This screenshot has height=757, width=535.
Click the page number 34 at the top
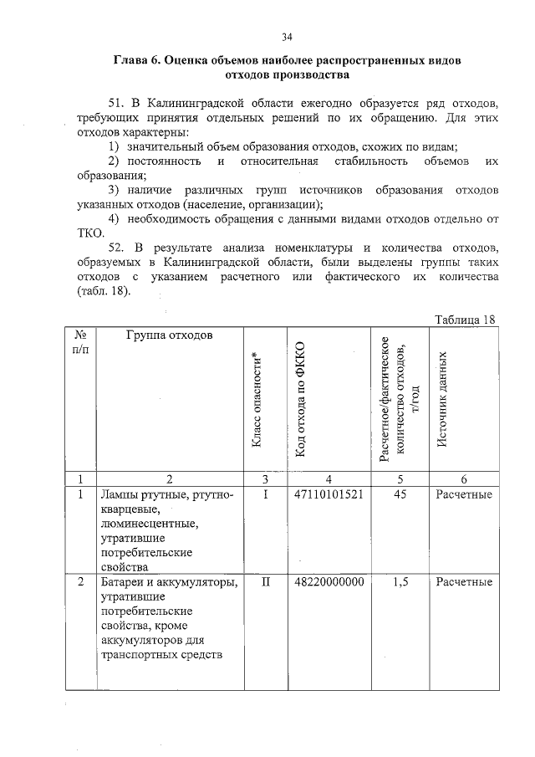point(287,37)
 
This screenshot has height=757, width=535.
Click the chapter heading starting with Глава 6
point(287,69)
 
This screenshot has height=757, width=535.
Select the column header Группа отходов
point(170,336)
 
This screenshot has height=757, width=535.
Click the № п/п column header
point(81,342)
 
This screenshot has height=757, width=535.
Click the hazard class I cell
point(263,494)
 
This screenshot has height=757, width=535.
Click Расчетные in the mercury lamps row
point(463,494)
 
